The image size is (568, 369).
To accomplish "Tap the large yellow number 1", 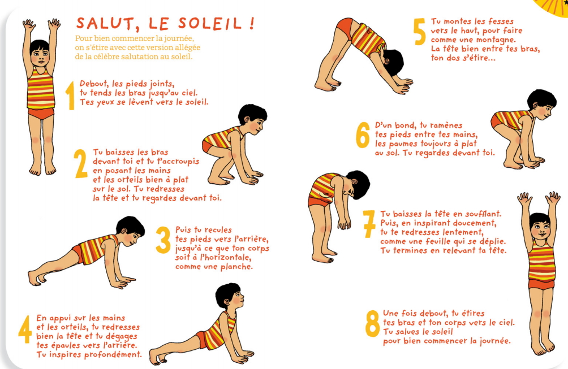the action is pos(70,95).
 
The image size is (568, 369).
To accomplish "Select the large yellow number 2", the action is pos(80,163).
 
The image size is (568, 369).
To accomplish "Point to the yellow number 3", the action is pos(163,240).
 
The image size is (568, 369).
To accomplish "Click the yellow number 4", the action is pos(25,329).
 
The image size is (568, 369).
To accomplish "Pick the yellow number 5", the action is pos(419,32).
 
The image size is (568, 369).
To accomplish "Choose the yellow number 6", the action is pos(363,134).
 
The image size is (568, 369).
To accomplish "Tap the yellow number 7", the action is pos(369,224).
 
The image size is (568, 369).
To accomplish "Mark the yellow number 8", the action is pos(372,323).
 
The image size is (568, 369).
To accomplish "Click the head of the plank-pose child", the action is pos(131,231).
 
